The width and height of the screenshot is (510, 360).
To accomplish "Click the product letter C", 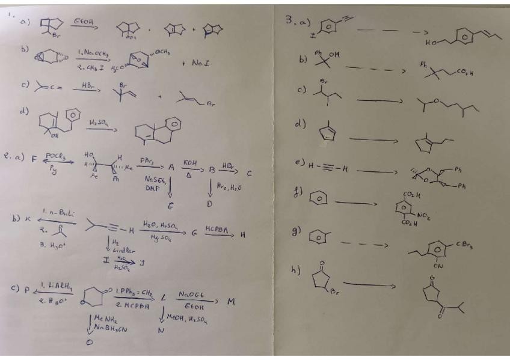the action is click(248, 172).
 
